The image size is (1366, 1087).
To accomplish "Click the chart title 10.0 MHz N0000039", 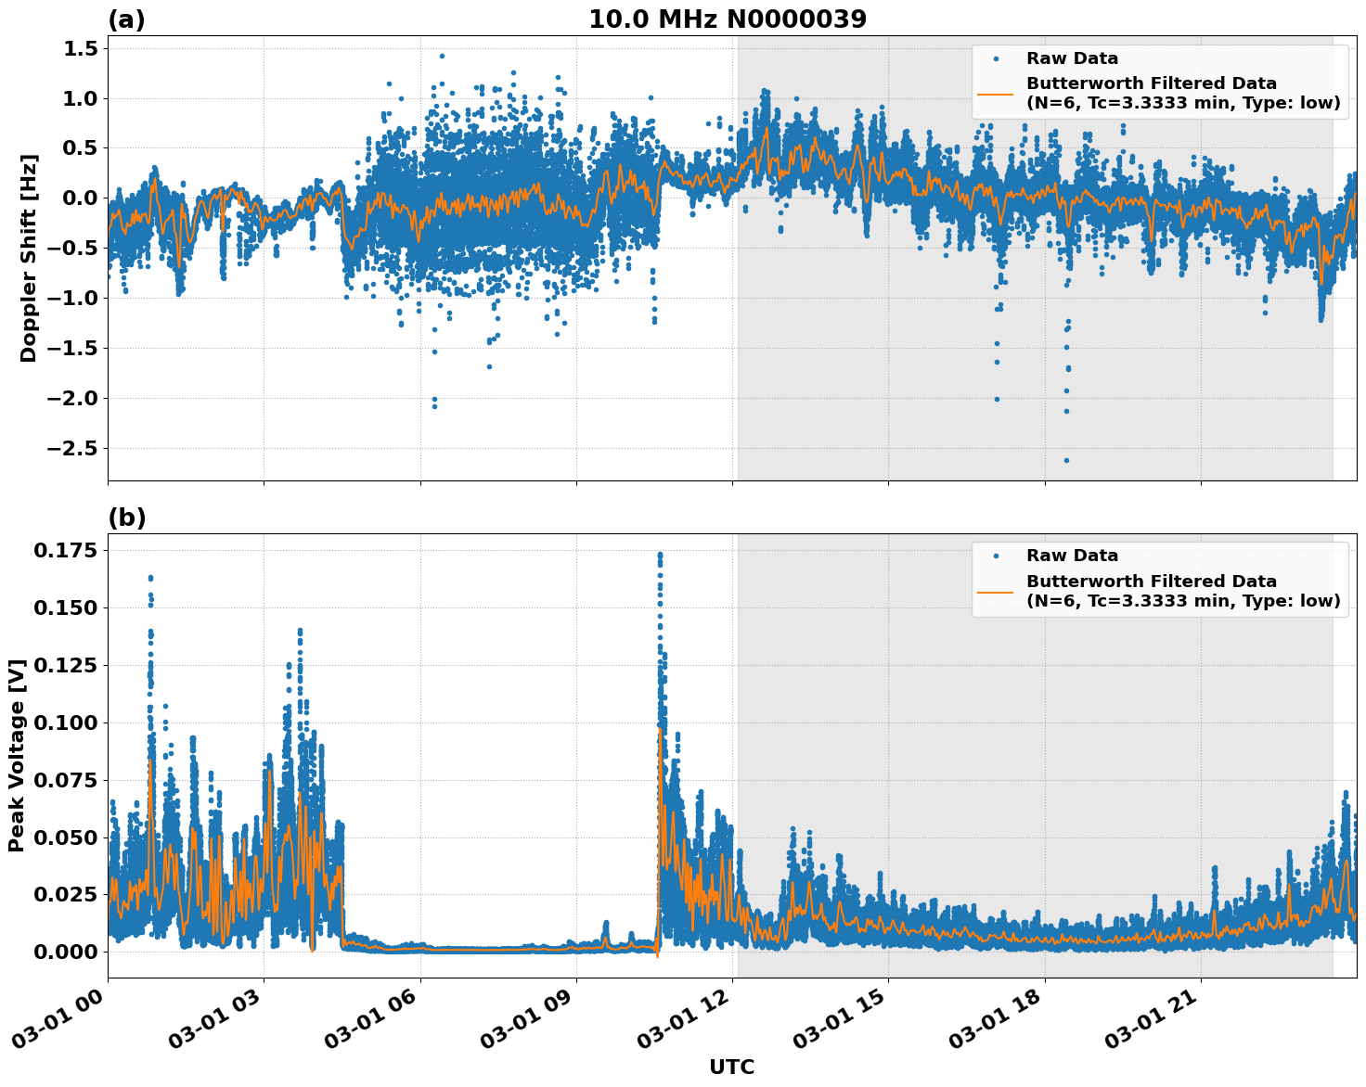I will tap(727, 19).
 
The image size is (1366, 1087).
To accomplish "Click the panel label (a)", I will tap(126, 19).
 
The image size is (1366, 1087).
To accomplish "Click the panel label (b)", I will tap(126, 518).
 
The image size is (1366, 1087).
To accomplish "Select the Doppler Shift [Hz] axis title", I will tap(29, 258).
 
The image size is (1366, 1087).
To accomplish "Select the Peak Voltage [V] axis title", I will tap(17, 755).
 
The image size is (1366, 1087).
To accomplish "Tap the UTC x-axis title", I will tap(731, 1067).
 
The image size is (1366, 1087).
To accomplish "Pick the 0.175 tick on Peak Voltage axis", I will tap(65, 551).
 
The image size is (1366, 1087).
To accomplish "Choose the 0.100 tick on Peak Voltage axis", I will tap(65, 723).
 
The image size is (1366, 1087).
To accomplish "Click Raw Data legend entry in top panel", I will tap(1072, 58).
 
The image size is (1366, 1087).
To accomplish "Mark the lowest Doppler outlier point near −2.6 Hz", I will tap(1066, 460).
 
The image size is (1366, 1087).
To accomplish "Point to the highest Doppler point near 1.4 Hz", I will tap(442, 56).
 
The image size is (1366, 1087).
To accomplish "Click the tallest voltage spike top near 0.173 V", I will tap(660, 555).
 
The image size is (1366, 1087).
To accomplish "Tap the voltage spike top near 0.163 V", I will tap(150, 578).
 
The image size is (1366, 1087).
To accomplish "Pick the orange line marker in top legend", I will tap(996, 93).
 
